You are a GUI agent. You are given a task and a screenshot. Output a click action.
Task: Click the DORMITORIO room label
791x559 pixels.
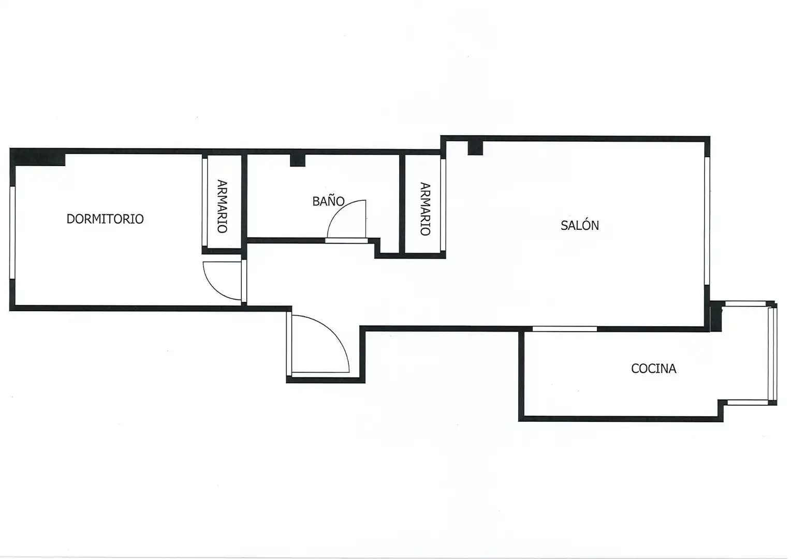pos(105,218)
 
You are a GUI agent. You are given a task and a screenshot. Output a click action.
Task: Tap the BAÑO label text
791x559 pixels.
pos(328,201)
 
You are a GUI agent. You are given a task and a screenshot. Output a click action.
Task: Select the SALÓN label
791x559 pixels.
pos(580,225)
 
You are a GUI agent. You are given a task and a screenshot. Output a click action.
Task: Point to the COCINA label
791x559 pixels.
pos(654,369)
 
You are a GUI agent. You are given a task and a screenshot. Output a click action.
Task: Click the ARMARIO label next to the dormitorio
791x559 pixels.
pos(222,206)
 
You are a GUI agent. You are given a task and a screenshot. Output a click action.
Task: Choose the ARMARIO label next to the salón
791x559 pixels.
pos(425,209)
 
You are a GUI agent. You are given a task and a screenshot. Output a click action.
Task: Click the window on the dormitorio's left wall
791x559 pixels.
pos(12,232)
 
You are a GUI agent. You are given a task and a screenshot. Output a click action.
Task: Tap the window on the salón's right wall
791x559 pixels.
pos(707,220)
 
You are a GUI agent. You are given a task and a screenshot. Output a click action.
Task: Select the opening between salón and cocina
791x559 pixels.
pos(565,329)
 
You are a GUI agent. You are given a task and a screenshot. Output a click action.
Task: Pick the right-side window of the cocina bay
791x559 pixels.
pos(773,354)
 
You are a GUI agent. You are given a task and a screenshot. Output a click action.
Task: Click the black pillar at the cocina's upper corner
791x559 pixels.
pos(716,316)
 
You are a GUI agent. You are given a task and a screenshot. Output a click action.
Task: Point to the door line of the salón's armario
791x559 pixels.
pos(443,204)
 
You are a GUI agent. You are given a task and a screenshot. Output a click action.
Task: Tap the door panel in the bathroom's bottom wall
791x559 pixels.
pos(346,240)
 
